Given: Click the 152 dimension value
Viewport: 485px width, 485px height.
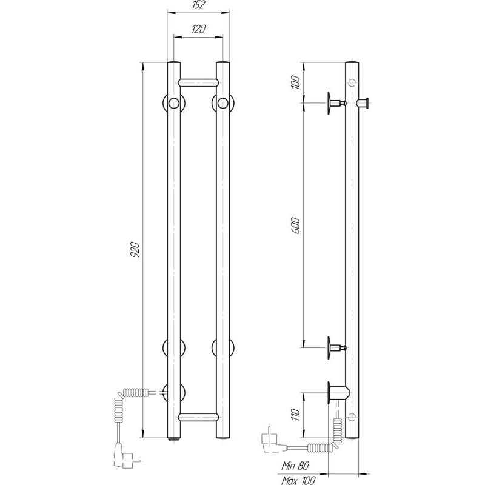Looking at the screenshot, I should pyautogui.click(x=199, y=5).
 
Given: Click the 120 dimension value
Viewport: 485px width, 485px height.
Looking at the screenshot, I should pyautogui.click(x=199, y=28).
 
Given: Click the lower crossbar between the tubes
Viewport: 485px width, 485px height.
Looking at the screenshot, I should pyautogui.click(x=199, y=416).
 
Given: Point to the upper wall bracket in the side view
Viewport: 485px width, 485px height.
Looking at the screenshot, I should pyautogui.click(x=333, y=102).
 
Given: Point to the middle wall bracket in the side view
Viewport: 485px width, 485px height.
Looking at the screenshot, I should pyautogui.click(x=333, y=347).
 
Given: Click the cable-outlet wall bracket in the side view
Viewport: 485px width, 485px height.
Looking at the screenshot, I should pyautogui.click(x=336, y=392).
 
